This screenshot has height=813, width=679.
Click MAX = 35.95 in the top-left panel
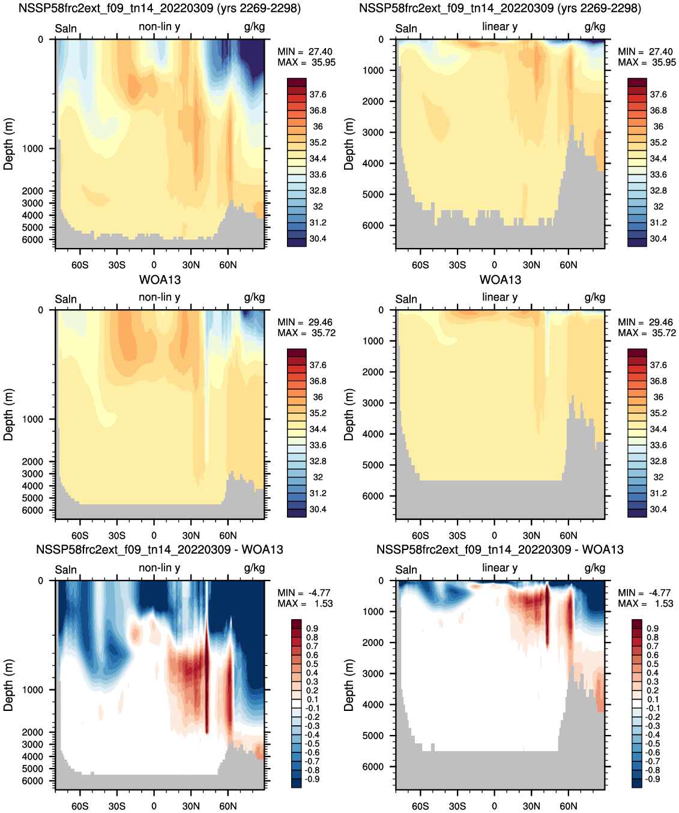pos(306,62)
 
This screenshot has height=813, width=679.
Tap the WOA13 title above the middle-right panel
pos(500,280)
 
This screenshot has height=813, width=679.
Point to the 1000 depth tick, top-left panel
pos(32,149)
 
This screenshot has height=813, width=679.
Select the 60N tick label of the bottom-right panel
pos(568,806)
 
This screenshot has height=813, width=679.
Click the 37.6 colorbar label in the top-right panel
pos(658,95)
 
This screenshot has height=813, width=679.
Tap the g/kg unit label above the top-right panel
pos(594,27)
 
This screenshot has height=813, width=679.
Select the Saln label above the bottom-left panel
pos(66,570)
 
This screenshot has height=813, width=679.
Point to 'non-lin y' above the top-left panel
pos(159,26)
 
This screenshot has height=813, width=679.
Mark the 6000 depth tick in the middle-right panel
pos(373,497)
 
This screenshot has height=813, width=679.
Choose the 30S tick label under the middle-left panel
pos(117,536)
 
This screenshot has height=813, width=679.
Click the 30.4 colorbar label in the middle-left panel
pos(318,509)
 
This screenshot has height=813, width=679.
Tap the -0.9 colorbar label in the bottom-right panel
pos(652,779)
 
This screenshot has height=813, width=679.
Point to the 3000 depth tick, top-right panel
pos(373,132)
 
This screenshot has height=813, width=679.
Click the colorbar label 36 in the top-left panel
pos(318,127)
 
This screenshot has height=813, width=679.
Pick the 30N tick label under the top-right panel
pos(531,265)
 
